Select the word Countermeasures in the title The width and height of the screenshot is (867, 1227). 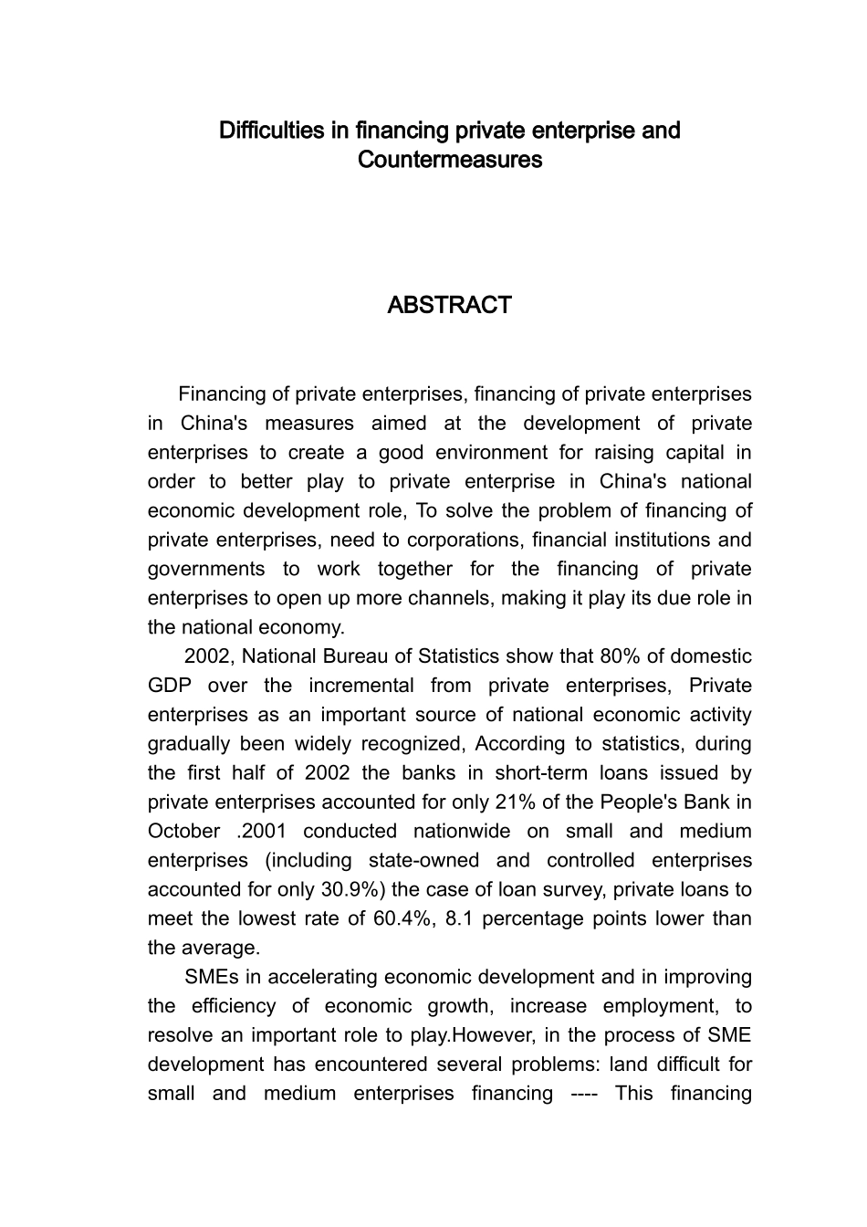coord(450,160)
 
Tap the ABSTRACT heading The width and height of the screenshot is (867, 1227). coord(449,305)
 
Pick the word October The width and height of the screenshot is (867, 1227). coord(183,832)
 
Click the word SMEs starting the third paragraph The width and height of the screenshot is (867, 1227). coord(211,977)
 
